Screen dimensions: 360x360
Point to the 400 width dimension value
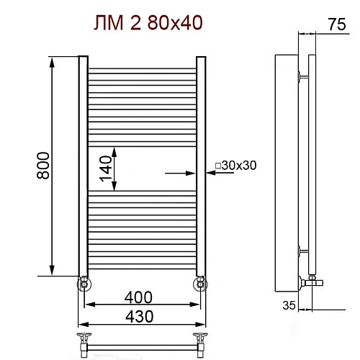(138, 296)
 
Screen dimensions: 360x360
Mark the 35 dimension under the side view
(289, 305)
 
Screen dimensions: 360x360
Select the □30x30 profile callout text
(235, 166)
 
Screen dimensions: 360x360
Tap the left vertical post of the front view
(82, 166)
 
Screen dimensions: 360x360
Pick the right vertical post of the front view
(202, 166)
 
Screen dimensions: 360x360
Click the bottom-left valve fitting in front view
(84, 283)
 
